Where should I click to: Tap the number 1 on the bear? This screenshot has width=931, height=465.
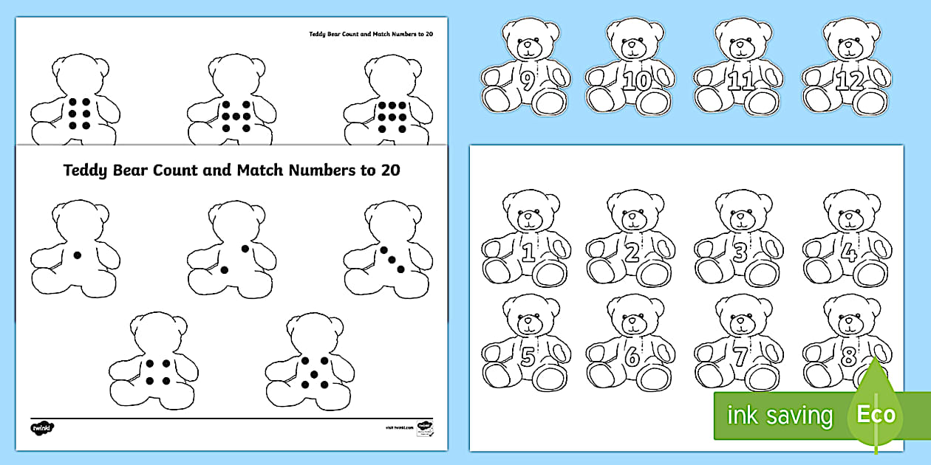point(528,253)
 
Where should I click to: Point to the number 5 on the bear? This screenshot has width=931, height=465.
point(528,357)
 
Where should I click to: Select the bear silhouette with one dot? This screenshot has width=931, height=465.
point(74,249)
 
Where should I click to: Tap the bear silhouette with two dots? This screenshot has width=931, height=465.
point(231,249)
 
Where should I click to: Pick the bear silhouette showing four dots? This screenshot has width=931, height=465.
point(153,360)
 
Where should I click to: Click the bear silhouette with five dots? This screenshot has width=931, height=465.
point(310,360)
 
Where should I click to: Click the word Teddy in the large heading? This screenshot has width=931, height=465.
point(85,170)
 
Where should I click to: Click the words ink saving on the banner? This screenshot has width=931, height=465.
point(780,416)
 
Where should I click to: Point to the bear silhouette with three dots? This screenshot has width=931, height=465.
point(388,249)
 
